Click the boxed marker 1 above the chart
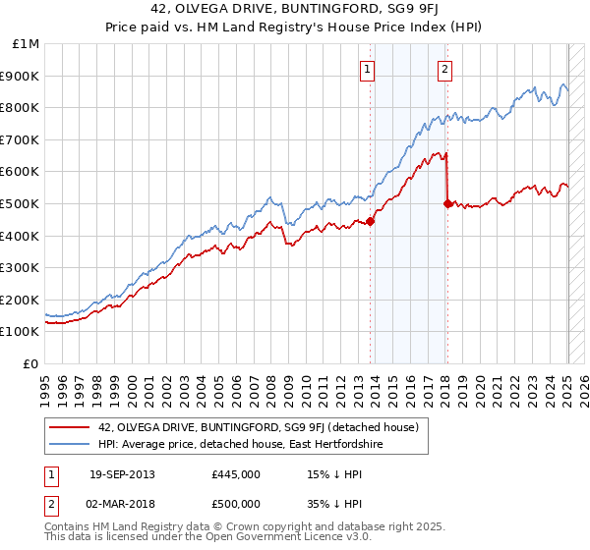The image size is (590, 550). point(367,69)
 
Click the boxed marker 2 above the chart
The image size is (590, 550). point(445,69)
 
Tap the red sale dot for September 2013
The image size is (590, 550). point(371,221)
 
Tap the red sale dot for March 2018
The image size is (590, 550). point(448,203)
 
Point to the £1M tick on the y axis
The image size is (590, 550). point(28,44)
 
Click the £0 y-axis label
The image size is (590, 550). point(30,363)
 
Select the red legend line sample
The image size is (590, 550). point(70,427)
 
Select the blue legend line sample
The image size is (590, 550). point(70,445)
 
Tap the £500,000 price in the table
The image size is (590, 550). point(236,504)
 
